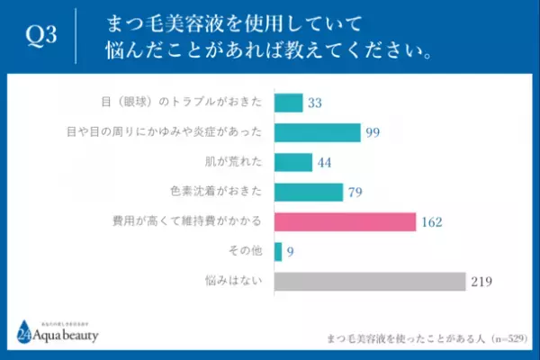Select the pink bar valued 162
(x=344, y=221)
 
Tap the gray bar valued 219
(x=368, y=282)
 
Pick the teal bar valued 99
(x=317, y=132)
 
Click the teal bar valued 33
(x=287, y=103)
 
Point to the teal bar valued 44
(x=292, y=162)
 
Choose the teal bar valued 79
(x=308, y=192)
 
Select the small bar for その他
(x=277, y=252)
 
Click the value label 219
(x=480, y=283)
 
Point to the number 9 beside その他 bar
(x=290, y=253)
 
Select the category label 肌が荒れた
(x=238, y=163)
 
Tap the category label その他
(x=247, y=253)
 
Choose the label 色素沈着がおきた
(x=223, y=193)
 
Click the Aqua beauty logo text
(x=68, y=337)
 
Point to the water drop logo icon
(x=22, y=331)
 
